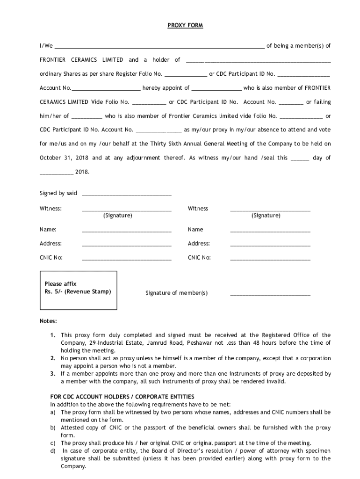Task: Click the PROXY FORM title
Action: pos(185,25)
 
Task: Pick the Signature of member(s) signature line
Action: pos(270,295)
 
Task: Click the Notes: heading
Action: pos(48,321)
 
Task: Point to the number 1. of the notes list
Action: pos(53,335)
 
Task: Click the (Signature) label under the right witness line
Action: pos(266,215)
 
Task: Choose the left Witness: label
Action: pos(50,208)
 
